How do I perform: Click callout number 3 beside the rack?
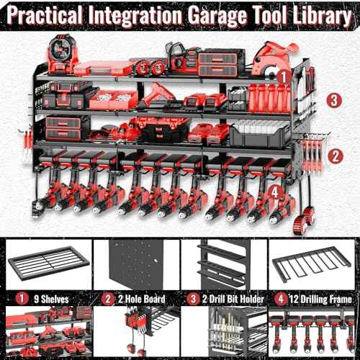tap(333, 99)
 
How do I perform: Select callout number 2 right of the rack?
tap(333, 154)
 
